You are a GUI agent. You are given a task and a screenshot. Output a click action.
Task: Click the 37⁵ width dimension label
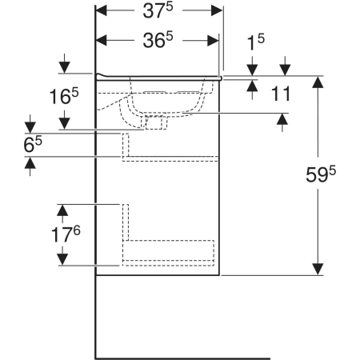(x=158, y=11)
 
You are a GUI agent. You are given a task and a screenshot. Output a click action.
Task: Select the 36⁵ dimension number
(x=158, y=40)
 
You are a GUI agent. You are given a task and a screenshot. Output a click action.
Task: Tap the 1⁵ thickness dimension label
(x=256, y=42)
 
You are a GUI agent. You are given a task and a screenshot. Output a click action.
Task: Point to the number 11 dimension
(x=281, y=94)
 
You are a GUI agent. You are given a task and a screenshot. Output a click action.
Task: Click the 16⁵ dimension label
(x=64, y=96)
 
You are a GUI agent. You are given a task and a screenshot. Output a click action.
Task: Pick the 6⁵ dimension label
(x=33, y=144)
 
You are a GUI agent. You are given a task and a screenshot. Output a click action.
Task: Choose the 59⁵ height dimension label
(x=321, y=174)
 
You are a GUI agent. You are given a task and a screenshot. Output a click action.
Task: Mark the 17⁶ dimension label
(x=66, y=234)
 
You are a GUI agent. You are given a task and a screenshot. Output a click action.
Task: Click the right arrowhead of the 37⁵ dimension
(x=217, y=11)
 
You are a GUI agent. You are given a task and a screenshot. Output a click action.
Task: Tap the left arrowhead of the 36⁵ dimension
(x=101, y=40)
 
